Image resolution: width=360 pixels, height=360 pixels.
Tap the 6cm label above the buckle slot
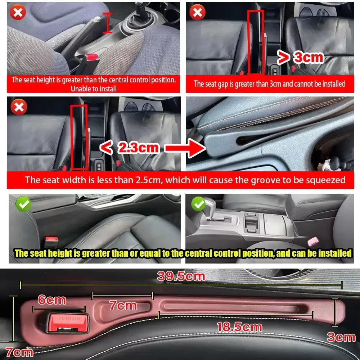click(52, 300)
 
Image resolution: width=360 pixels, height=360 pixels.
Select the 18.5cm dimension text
click(239, 327)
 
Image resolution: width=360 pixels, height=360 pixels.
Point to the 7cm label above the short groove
click(123, 306)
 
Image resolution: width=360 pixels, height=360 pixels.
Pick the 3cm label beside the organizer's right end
click(341, 337)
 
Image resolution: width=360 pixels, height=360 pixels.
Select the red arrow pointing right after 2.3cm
click(183, 148)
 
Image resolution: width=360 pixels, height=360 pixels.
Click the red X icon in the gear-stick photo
click(18, 13)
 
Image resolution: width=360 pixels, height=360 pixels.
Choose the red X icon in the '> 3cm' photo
click(198, 13)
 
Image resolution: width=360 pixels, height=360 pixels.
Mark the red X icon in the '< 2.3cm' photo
click(18, 107)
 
